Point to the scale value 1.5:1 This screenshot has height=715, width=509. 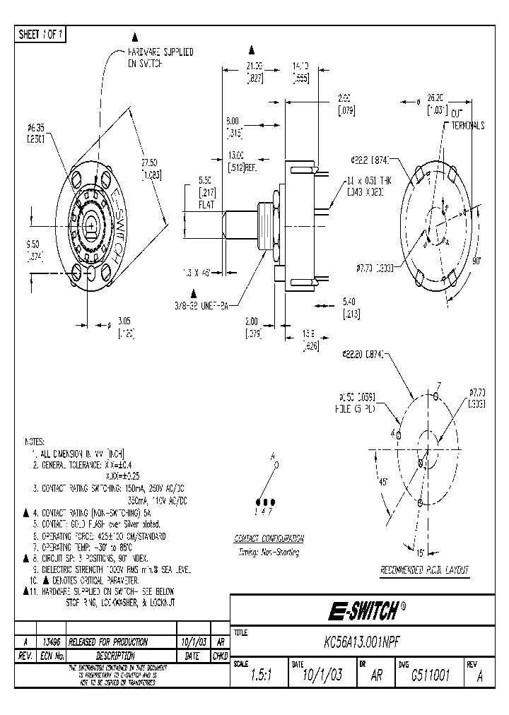pyautogui.click(x=259, y=675)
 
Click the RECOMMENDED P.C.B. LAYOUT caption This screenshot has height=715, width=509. pyautogui.click(x=425, y=569)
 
